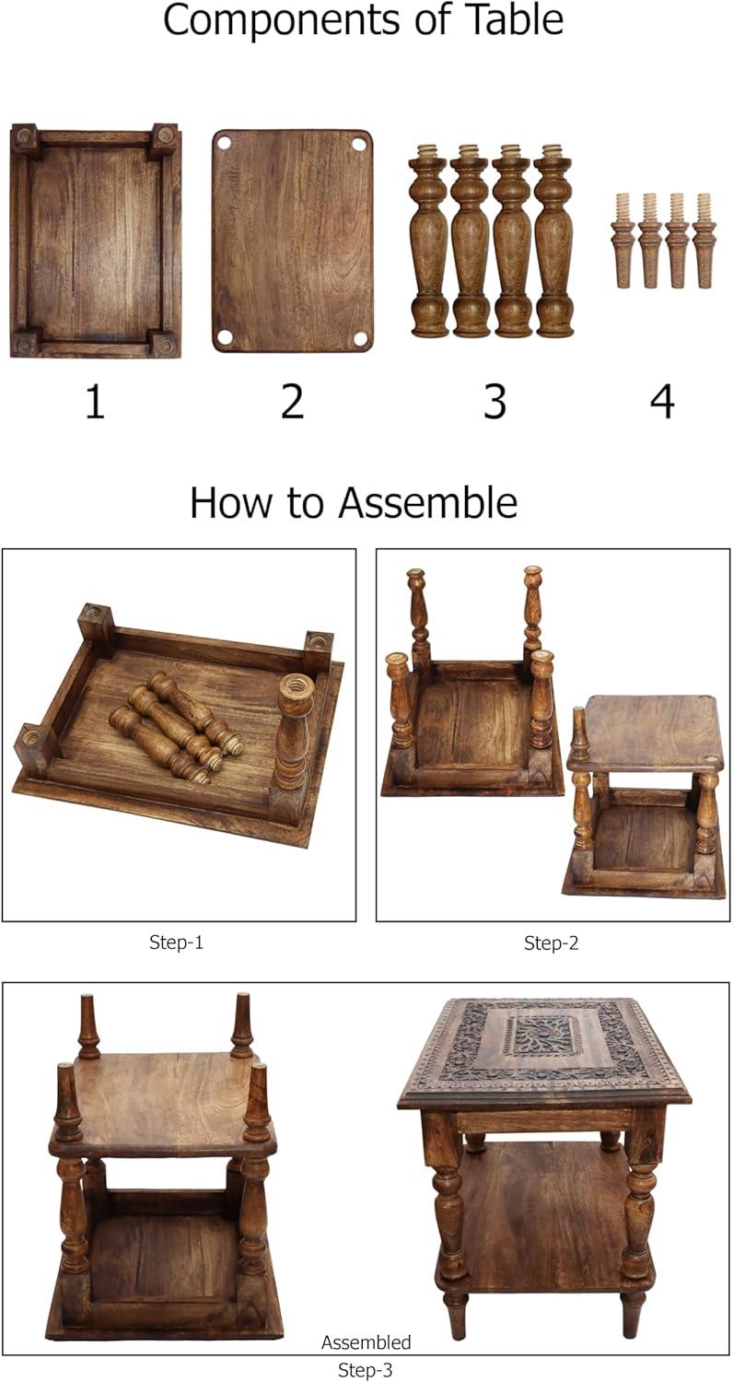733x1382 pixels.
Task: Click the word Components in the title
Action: tap(282, 20)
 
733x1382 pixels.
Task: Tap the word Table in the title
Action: tap(517, 19)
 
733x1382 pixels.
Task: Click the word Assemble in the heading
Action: tap(428, 503)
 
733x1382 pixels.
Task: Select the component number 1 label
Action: tap(95, 401)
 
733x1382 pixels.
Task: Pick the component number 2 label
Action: tap(292, 401)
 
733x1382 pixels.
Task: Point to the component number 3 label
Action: tap(495, 401)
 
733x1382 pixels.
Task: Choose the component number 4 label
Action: tap(662, 401)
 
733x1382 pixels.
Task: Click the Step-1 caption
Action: tap(176, 943)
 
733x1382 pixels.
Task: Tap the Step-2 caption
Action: tap(552, 943)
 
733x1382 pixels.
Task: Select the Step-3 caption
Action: tap(366, 1370)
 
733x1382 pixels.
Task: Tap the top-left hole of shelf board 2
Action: tap(224, 143)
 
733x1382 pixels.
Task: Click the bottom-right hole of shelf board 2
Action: tap(359, 337)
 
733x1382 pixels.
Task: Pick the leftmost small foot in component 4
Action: tap(622, 240)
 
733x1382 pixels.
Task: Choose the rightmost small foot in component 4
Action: tap(703, 240)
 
